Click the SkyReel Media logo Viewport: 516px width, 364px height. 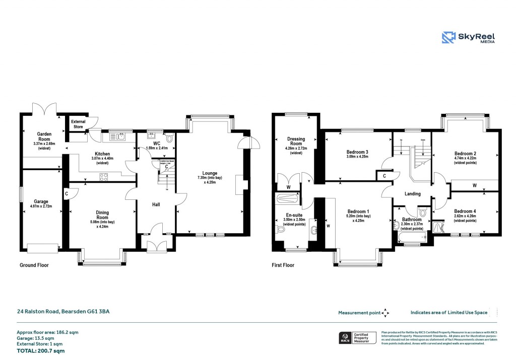[468, 38]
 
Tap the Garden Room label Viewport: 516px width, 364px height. [44, 137]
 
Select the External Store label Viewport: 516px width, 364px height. [78, 124]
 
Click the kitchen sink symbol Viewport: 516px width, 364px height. [119, 135]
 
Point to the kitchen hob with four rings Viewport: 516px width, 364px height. [103, 176]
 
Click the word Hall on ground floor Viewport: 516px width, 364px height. [156, 204]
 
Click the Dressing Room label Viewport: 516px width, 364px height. [296, 141]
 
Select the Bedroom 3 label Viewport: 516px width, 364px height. [357, 152]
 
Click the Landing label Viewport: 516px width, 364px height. [413, 193]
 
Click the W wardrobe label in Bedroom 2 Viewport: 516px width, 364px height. [474, 185]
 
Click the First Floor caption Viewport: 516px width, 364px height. [283, 265]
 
